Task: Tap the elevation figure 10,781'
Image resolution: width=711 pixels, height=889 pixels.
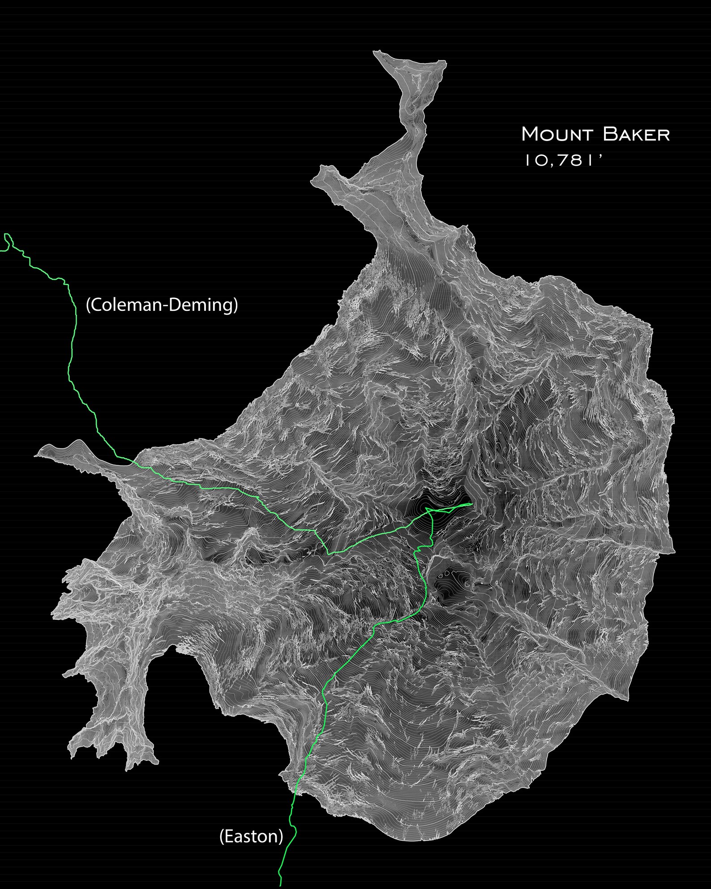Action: pos(564,160)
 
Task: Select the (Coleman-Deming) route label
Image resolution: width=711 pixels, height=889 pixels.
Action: pos(162,305)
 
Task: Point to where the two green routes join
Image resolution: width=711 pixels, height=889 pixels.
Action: pos(429,511)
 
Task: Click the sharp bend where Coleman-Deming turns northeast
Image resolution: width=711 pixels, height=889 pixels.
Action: pos(329,554)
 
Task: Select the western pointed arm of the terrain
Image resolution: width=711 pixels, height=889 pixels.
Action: pos(37,456)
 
